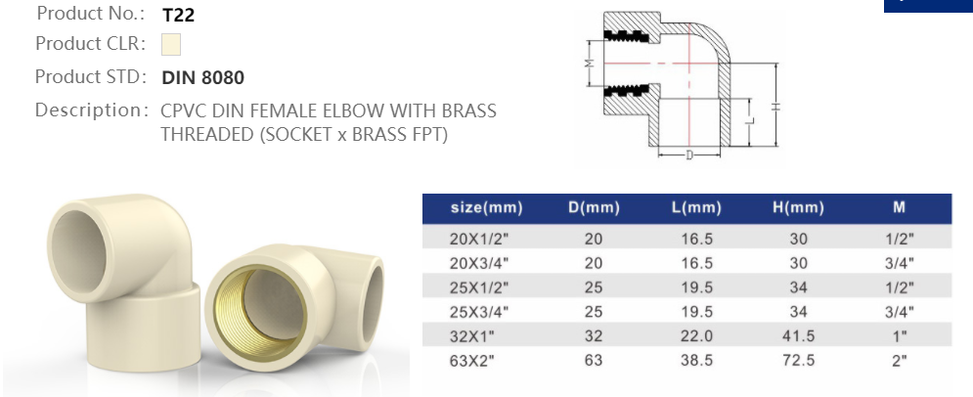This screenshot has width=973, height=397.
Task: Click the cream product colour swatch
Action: pos(171,44)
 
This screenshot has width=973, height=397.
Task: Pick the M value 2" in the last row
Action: pos(900,359)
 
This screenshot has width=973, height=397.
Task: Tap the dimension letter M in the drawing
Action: pos(590,64)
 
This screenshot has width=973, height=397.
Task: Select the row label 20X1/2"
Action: pos(480,239)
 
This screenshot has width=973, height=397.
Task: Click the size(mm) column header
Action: pos(486,208)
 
